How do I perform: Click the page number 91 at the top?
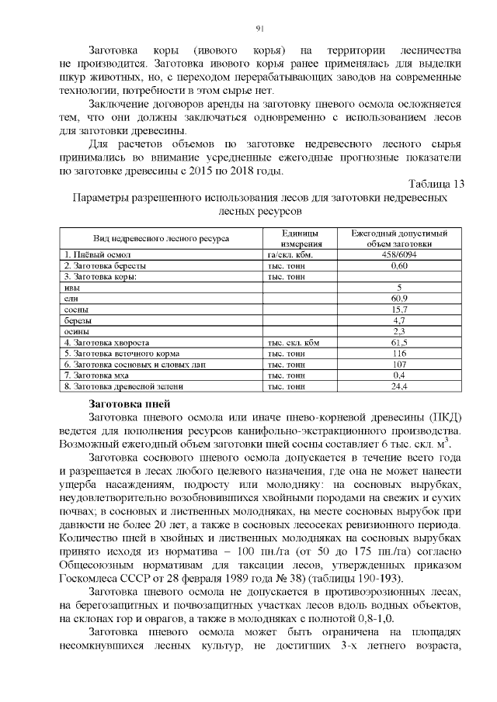(260, 29)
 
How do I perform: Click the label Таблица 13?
(436, 184)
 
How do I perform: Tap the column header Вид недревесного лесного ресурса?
(162, 238)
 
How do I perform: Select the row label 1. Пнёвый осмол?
(100, 254)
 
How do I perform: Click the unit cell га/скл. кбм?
(289, 254)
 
